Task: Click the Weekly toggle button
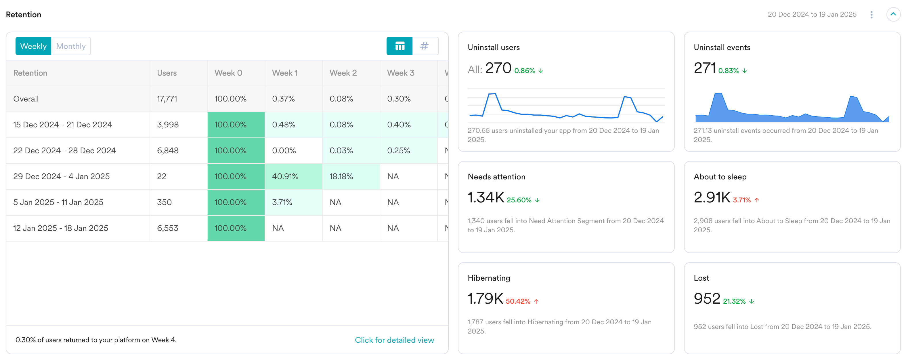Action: coord(33,46)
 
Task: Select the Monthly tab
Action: coord(71,46)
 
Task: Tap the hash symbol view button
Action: coord(425,46)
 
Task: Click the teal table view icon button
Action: coord(400,46)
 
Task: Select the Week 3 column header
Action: coord(401,73)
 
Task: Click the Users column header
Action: coord(167,73)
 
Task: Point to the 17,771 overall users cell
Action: coord(167,99)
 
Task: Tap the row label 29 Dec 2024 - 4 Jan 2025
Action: coord(62,177)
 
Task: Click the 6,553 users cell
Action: coord(167,228)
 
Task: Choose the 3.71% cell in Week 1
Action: coord(282,202)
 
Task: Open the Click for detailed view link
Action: coord(394,340)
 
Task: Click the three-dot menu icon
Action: coord(871,14)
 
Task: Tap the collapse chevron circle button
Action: coord(893,14)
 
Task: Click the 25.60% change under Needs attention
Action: coord(519,200)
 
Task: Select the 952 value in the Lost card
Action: coord(707,299)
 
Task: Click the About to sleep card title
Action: coord(720,177)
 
